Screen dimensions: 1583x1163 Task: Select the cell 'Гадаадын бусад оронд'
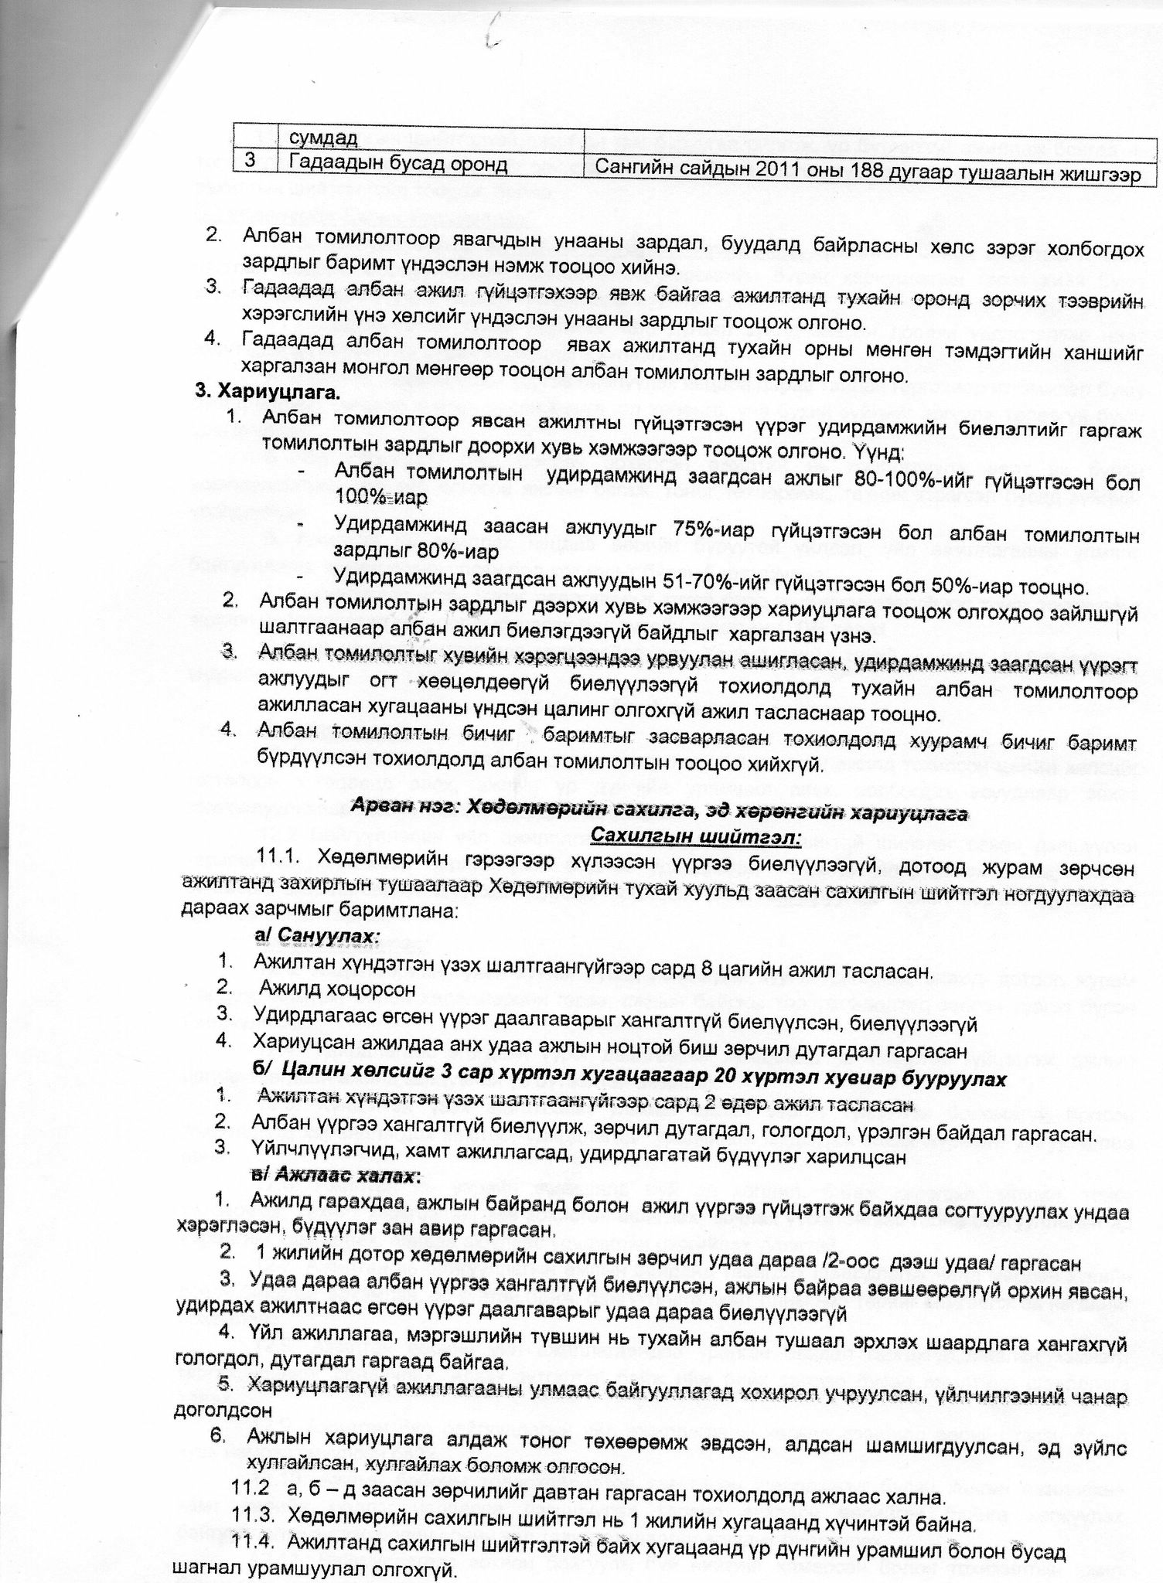coord(398,165)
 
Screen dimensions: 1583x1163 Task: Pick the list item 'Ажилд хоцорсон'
coord(337,989)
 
